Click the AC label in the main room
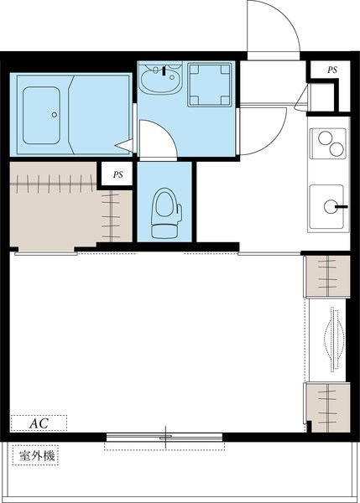[x=39, y=423]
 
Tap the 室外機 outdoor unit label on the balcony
[x=37, y=455]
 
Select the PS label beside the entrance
[x=332, y=70]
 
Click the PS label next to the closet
[x=117, y=174]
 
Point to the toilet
[x=165, y=213]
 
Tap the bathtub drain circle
[x=55, y=115]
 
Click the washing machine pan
[x=210, y=85]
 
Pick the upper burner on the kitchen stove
[x=325, y=138]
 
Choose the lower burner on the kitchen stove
[x=337, y=149]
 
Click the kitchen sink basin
[x=326, y=207]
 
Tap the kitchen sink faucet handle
[x=342, y=207]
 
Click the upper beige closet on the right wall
[x=327, y=276]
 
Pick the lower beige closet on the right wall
[x=327, y=407]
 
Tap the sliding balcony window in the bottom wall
[x=164, y=437]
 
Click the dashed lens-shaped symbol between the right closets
[x=335, y=340]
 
